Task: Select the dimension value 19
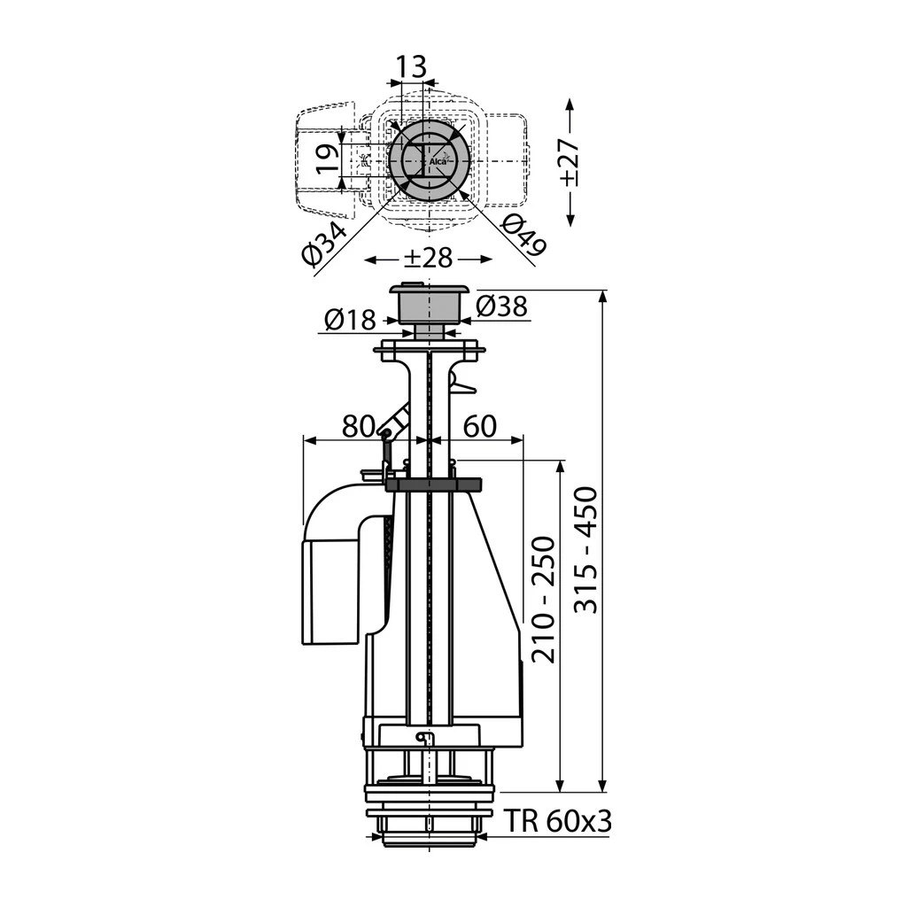[328, 159]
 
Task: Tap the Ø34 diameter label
[324, 245]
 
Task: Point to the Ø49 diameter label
[523, 234]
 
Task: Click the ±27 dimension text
[570, 163]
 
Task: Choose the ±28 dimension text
[428, 258]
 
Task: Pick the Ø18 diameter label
[350, 319]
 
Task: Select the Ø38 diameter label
[502, 306]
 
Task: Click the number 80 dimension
[359, 426]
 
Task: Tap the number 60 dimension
[480, 426]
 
